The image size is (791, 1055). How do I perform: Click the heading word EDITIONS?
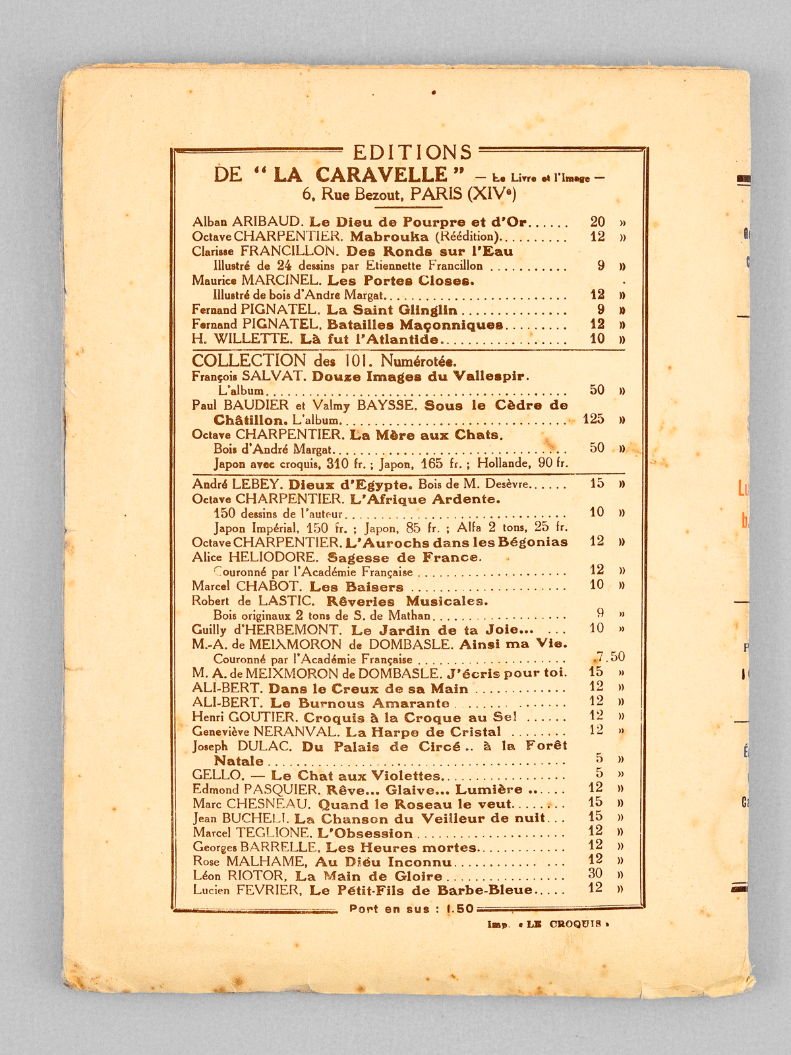tap(413, 152)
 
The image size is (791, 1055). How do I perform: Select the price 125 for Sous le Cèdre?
tap(593, 419)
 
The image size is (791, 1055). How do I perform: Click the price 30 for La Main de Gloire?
tap(595, 874)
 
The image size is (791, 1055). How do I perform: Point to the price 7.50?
tap(608, 657)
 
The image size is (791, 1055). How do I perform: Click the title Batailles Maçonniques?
tap(416, 325)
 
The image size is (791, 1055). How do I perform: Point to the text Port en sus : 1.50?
tap(411, 908)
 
